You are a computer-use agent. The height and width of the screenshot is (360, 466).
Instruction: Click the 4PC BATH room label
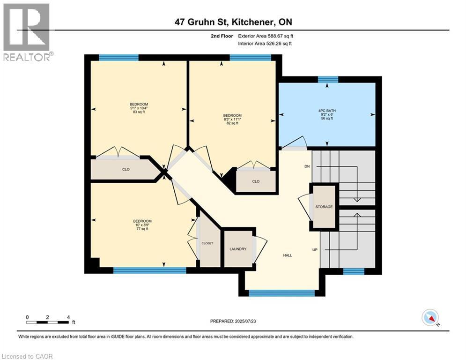(327, 111)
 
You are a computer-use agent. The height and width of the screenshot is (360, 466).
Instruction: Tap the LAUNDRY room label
(238, 249)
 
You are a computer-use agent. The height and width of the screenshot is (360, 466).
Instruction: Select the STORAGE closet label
(324, 207)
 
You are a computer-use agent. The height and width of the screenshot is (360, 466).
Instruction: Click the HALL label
(288, 255)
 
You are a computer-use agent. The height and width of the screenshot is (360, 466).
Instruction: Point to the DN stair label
(307, 166)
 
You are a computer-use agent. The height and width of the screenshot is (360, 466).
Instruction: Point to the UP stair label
(315, 250)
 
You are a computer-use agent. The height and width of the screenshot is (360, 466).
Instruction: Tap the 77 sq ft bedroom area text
(142, 229)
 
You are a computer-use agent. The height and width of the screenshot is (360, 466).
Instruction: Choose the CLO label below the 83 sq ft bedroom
(126, 169)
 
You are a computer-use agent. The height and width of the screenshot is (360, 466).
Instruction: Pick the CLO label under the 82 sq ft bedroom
(256, 181)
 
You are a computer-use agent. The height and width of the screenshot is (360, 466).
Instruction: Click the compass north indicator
(430, 318)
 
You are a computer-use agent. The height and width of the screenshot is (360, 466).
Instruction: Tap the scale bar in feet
(48, 322)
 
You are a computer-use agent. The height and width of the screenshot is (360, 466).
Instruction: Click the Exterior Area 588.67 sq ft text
(266, 36)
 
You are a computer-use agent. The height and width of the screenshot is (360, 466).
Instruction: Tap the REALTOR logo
(27, 32)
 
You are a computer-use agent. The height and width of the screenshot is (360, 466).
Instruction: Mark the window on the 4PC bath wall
(328, 79)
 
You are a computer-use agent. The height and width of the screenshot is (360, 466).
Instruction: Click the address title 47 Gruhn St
(233, 22)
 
